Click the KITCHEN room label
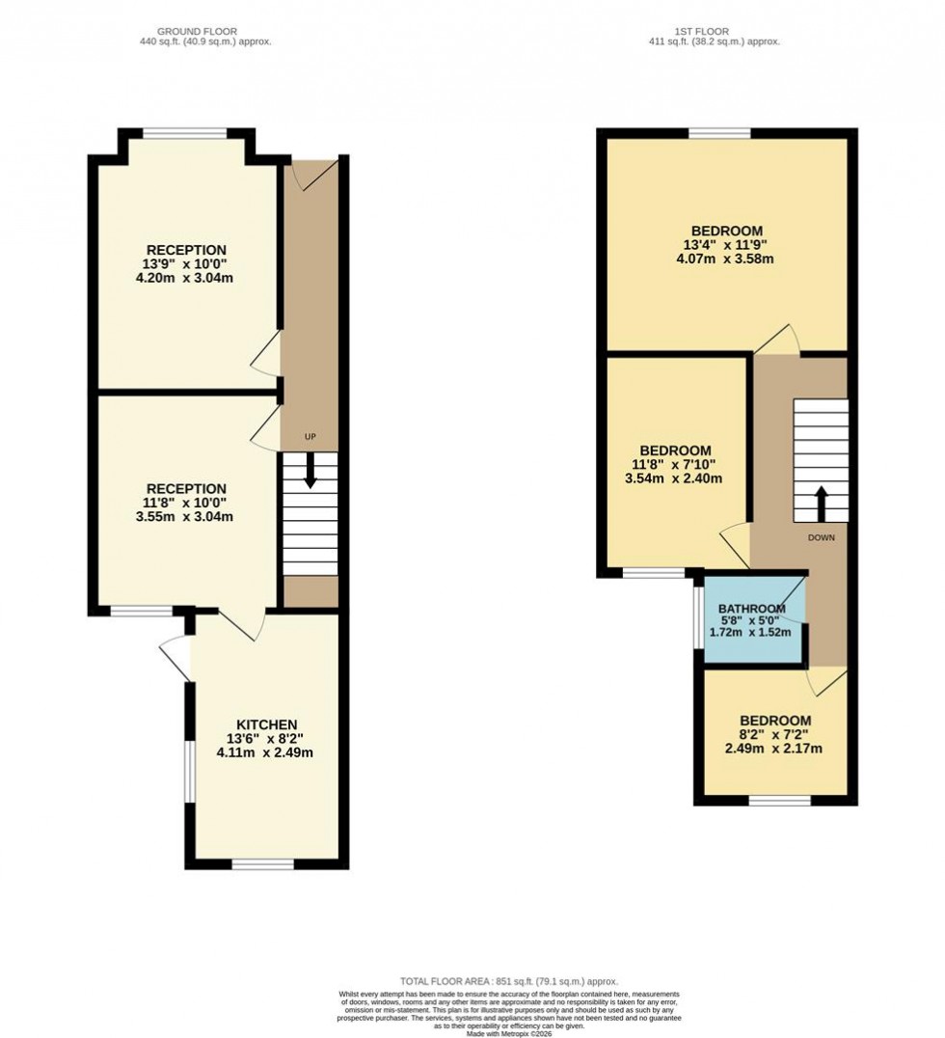pos(267,724)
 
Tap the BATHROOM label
pos(752,609)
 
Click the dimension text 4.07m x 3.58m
pos(729,259)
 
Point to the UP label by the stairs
pos(310,437)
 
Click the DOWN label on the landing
pos(822,538)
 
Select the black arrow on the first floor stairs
pos(822,503)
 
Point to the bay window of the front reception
pos(186,134)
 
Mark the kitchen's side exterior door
pos(175,658)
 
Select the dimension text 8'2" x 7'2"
pos(775,734)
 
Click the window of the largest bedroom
pos(719,133)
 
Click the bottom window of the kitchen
pos(262,863)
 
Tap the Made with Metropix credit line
pos(509,1033)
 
